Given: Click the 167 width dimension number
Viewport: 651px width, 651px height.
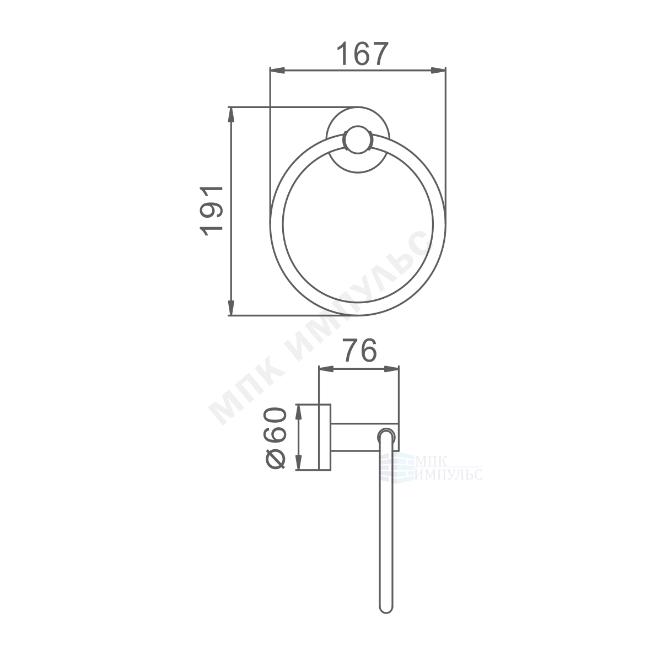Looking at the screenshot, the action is [x=362, y=53].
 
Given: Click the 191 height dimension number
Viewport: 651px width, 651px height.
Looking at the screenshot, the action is [x=211, y=211].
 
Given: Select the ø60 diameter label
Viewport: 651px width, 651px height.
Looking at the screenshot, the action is [x=275, y=438].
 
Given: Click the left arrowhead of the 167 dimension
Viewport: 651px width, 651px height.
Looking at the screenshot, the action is [x=277, y=71].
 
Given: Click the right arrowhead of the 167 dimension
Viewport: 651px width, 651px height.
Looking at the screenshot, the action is [x=438, y=71].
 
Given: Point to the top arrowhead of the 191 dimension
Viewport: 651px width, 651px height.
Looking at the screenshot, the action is [x=232, y=115].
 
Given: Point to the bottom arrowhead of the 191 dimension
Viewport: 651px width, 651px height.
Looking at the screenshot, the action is [x=232, y=308].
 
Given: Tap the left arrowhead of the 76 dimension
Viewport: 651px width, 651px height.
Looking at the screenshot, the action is [x=326, y=369].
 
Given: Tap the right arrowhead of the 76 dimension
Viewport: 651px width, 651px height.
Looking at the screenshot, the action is [x=391, y=369].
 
